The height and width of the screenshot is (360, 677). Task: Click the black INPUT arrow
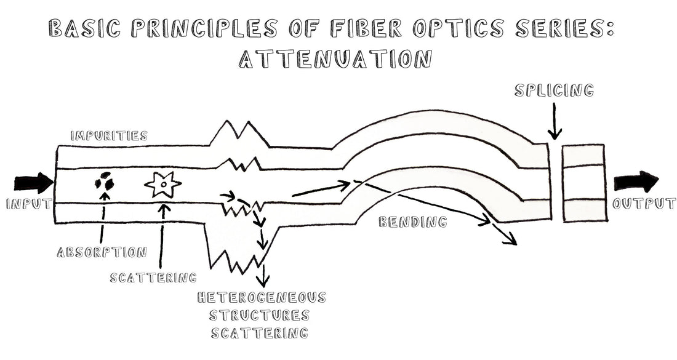pyautogui.click(x=34, y=183)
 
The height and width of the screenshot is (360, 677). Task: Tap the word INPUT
pyautogui.click(x=28, y=204)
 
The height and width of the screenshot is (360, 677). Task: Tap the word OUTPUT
pyautogui.click(x=644, y=204)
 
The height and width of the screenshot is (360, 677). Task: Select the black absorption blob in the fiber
pyautogui.click(x=104, y=182)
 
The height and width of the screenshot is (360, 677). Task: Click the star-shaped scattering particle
pyautogui.click(x=163, y=183)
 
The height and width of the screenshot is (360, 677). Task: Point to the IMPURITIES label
pyautogui.click(x=108, y=136)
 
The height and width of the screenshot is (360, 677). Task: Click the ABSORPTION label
pyautogui.click(x=102, y=252)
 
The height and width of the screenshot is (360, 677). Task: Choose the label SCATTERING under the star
pyautogui.click(x=153, y=278)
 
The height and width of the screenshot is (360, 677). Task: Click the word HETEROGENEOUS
pyautogui.click(x=262, y=298)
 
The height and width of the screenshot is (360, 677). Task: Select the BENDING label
pyautogui.click(x=412, y=222)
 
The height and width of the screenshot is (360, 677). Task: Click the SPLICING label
pyautogui.click(x=554, y=91)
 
